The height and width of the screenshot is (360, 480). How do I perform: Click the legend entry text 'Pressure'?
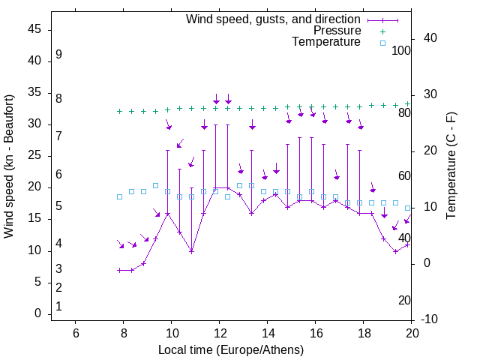pyautogui.click(x=337, y=31)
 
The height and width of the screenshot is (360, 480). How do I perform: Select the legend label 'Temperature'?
pyautogui.click(x=326, y=42)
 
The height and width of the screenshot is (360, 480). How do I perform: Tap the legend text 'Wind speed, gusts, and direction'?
pyautogui.click(x=274, y=19)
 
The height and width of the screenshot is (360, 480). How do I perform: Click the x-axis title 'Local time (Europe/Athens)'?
pyautogui.click(x=231, y=349)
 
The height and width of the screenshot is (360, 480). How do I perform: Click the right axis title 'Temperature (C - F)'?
pyautogui.click(x=451, y=166)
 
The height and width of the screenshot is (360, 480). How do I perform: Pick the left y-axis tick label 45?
pyautogui.click(x=34, y=29)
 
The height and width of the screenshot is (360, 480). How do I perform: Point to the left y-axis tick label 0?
pyautogui.click(x=37, y=313)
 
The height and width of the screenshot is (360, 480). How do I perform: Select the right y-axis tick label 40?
pyautogui.click(x=430, y=38)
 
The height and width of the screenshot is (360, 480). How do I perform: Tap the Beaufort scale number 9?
pyautogui.click(x=58, y=55)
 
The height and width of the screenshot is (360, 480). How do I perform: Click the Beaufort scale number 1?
pyautogui.click(x=58, y=306)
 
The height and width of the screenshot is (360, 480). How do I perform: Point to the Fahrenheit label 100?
pyautogui.click(x=401, y=50)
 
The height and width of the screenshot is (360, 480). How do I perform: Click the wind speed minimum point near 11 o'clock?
pyautogui.click(x=191, y=251)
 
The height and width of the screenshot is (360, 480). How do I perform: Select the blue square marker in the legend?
pyautogui.click(x=382, y=43)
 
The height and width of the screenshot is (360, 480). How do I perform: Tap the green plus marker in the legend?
pyautogui.click(x=382, y=31)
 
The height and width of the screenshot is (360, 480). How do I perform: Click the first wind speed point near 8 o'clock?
pyautogui.click(x=119, y=270)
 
